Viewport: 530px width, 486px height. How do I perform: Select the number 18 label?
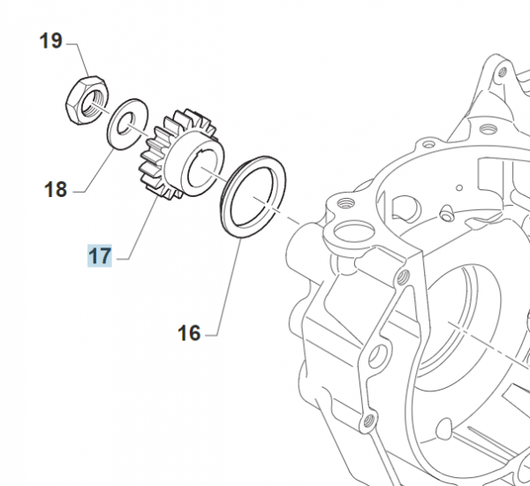[55, 189]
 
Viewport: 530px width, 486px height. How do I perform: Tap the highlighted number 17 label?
[99, 256]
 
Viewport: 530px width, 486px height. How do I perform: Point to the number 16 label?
[189, 333]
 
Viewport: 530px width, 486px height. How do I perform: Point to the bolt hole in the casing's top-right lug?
[502, 72]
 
